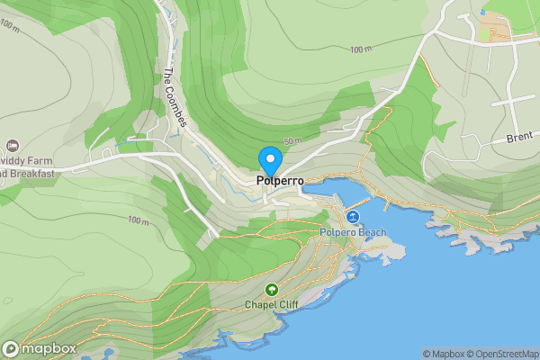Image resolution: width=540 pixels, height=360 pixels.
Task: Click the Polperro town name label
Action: coord(280,180)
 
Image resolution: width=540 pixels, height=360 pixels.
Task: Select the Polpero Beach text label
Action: coord(353,233)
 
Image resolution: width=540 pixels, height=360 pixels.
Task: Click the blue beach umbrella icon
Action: coord(353,218)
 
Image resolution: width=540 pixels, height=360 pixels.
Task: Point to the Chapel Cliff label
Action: coord(272,304)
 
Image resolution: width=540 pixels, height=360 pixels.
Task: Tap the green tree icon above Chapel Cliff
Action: coord(272,290)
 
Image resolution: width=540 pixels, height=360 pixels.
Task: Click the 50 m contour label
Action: coord(292,141)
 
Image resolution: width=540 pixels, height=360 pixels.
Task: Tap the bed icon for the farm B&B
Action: coord(13,146)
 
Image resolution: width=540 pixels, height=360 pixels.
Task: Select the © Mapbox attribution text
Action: coord(445,354)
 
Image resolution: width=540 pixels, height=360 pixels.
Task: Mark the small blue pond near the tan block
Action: coord(484,13)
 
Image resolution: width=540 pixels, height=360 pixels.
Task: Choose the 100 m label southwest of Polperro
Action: coord(138,220)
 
